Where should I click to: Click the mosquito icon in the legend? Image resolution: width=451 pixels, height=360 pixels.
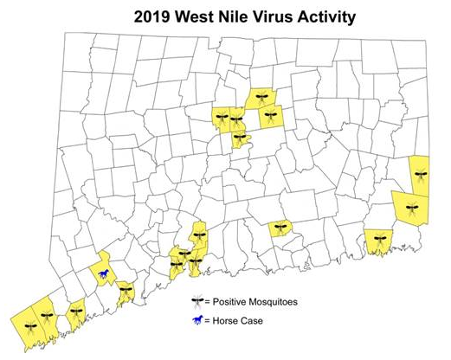(x=197, y=302)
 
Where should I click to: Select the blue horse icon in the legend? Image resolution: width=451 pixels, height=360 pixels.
(x=197, y=320)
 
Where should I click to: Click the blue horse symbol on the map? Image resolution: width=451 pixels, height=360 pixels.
(x=104, y=275)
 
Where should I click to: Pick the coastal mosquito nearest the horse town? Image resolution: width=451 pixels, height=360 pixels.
(x=126, y=292)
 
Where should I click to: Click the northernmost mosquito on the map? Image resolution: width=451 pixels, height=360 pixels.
(x=261, y=97)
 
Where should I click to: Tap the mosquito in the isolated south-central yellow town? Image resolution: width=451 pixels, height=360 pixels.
(x=280, y=228)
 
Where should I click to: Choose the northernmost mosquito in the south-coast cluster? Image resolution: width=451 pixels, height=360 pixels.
(x=198, y=233)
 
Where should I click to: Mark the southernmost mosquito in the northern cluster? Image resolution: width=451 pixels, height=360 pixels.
(x=239, y=138)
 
